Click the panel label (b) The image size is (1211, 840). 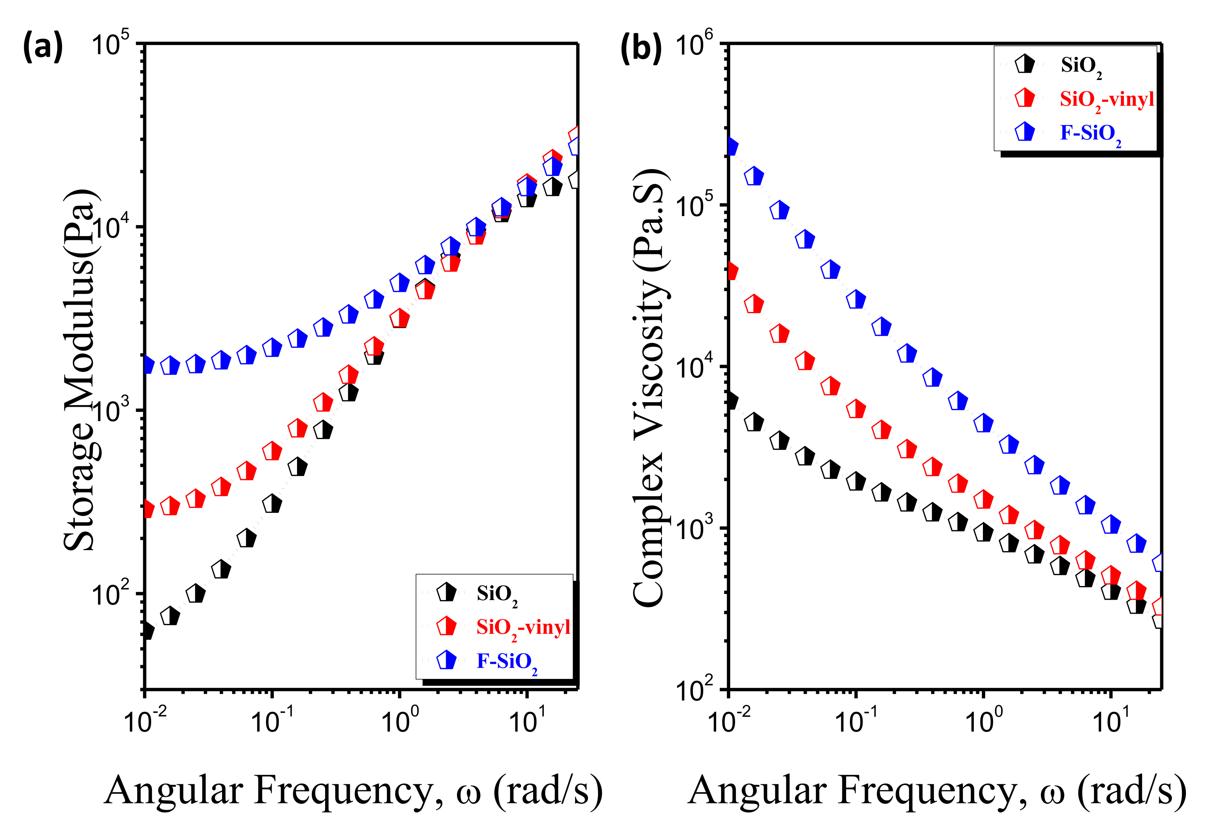coord(640,48)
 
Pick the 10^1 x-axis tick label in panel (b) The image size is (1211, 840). coord(1110,721)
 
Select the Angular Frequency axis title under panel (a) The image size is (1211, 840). coord(354,791)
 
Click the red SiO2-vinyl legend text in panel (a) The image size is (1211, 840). coord(523,628)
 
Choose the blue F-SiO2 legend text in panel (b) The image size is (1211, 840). coord(1090,133)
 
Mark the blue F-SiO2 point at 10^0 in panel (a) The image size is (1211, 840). coord(400,283)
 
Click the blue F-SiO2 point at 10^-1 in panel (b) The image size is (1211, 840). coord(856,299)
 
